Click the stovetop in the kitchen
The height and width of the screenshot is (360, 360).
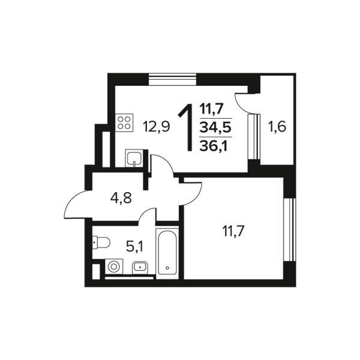[124, 123]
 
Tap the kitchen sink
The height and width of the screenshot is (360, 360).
[134, 158]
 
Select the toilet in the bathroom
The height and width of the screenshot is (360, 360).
[101, 242]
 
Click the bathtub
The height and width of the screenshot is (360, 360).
[167, 253]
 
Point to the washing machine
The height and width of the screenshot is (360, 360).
[114, 266]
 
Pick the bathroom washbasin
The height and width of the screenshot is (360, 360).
[140, 268]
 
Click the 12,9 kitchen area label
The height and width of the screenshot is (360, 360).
[156, 127]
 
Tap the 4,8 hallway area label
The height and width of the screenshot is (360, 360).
[121, 198]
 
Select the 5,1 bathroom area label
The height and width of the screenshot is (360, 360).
[134, 247]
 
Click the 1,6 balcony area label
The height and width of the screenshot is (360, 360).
[277, 127]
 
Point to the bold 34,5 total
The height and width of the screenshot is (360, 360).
[215, 127]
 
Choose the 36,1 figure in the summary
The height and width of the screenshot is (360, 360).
[214, 146]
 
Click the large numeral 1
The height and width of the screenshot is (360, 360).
[186, 127]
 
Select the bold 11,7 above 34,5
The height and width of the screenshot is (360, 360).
[211, 109]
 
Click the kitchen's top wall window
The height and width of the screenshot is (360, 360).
[173, 79]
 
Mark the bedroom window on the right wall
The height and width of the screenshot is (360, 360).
[289, 230]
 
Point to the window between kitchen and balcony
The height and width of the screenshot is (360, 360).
[254, 136]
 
